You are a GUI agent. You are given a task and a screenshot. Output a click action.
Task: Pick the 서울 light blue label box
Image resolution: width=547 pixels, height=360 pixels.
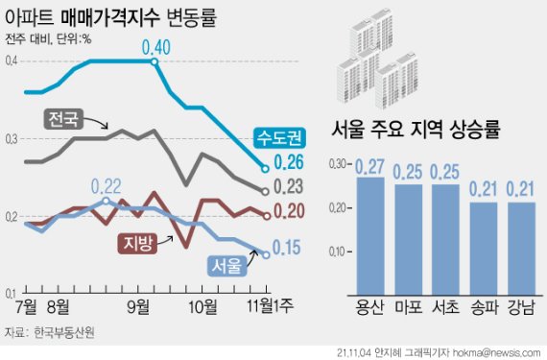click(226, 262)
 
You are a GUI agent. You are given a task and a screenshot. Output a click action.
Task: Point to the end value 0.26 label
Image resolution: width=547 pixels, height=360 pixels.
click(291, 162)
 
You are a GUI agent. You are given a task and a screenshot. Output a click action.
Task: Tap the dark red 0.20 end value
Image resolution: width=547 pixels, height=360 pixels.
click(291, 211)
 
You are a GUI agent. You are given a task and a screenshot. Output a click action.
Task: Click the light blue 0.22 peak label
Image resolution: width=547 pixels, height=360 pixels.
click(107, 186)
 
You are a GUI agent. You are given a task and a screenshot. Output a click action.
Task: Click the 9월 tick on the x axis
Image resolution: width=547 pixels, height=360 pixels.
click(142, 307)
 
